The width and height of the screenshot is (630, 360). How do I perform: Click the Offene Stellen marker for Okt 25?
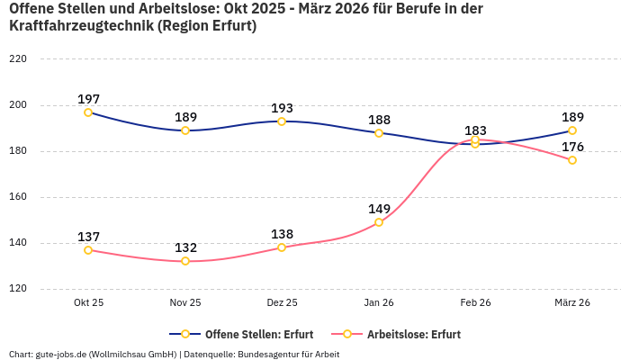click(88, 112)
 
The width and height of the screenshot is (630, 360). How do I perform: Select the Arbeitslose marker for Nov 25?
click(185, 261)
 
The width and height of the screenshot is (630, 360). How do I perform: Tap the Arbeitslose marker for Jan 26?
click(379, 222)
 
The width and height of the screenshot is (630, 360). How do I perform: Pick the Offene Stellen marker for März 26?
click(572, 130)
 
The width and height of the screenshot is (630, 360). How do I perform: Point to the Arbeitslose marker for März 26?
click(572, 160)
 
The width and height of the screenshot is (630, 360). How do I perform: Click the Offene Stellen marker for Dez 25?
click(282, 121)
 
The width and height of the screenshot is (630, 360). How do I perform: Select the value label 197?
click(88, 99)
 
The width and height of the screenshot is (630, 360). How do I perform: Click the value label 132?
click(185, 247)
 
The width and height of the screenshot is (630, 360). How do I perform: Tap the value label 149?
click(379, 209)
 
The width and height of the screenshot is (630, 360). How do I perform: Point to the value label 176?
click(572, 147)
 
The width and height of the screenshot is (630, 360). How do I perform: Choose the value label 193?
click(282, 108)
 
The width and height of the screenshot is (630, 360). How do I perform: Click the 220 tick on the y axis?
click(18, 59)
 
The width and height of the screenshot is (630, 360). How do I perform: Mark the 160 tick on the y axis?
click(18, 197)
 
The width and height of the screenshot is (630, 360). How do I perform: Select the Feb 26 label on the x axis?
click(475, 303)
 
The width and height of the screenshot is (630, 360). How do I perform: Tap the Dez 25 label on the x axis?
click(282, 303)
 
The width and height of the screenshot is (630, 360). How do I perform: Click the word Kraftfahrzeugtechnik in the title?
click(81, 26)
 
